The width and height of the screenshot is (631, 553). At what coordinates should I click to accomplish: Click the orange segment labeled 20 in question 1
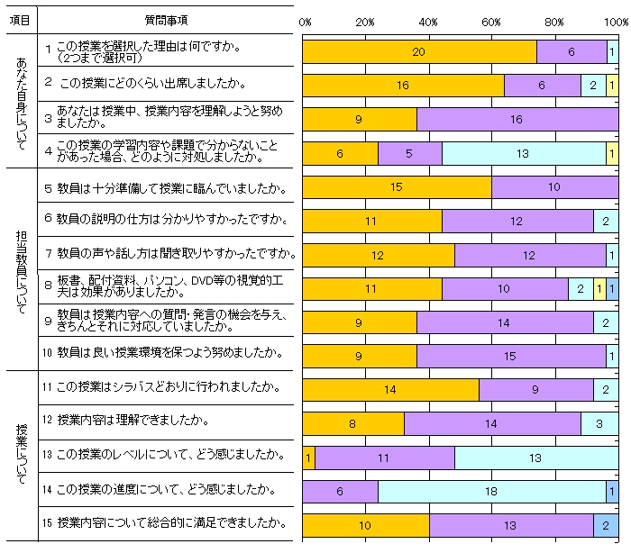click(418, 52)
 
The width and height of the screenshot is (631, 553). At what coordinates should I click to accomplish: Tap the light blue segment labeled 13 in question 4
click(523, 154)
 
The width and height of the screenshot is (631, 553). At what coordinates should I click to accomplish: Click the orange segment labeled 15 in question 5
click(397, 187)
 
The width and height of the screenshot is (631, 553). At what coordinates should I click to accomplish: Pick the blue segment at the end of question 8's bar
click(612, 289)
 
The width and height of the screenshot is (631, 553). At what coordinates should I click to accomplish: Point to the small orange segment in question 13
click(308, 458)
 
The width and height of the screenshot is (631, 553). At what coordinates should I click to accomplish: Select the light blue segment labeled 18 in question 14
click(492, 491)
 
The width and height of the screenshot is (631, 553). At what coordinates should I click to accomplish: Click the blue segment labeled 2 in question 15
click(606, 525)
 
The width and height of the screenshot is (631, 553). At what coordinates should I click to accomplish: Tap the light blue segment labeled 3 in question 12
click(599, 423)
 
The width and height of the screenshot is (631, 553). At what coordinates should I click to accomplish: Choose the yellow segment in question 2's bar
click(612, 86)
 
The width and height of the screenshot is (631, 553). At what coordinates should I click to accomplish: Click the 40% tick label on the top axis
click(428, 21)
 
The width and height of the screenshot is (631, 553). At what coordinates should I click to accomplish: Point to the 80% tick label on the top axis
click(553, 21)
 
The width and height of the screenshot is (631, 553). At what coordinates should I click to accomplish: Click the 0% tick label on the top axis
click(305, 21)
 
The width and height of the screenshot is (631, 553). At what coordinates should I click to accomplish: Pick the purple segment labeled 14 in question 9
click(505, 322)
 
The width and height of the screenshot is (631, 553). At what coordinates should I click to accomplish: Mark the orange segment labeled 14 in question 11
click(390, 390)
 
